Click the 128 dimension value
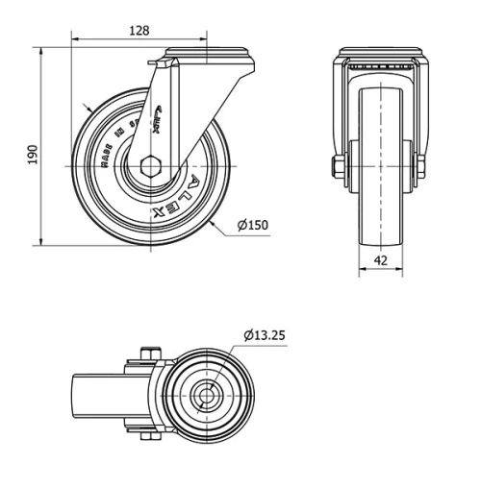coord(139,31)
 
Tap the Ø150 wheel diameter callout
coord(252,226)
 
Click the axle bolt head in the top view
coord(146,353)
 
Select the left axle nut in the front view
coord(337,171)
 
